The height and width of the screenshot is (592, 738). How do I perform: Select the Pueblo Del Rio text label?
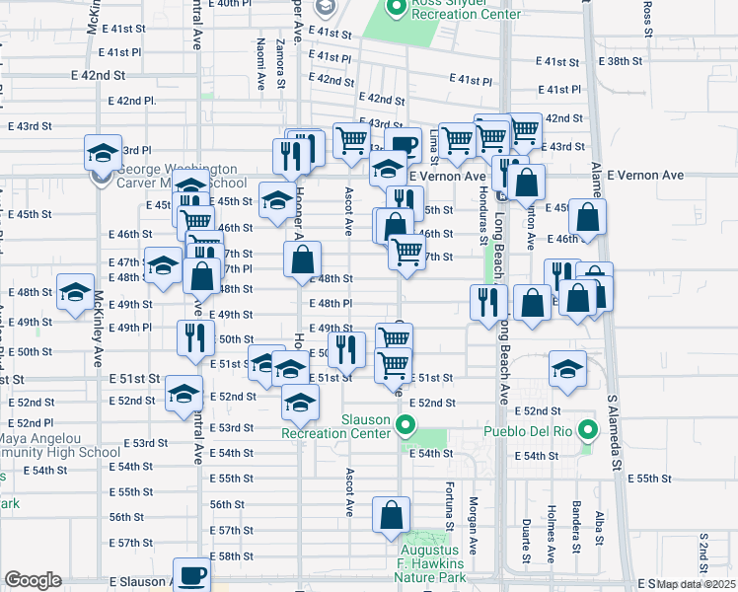click(x=530, y=431)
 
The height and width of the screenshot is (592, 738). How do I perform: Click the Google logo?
click(x=33, y=580)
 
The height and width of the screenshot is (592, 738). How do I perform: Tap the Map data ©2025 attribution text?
click(x=696, y=584)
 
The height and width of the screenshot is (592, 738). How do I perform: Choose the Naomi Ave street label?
click(x=260, y=60)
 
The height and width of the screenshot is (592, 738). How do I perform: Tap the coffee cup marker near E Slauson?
click(x=192, y=575)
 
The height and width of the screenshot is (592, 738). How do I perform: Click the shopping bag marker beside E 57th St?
click(x=392, y=515)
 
